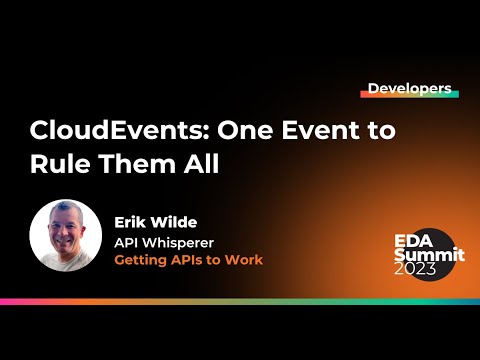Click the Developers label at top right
(x=409, y=88)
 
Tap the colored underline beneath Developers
(x=409, y=98)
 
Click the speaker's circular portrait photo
(x=66, y=236)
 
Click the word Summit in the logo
(x=428, y=255)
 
